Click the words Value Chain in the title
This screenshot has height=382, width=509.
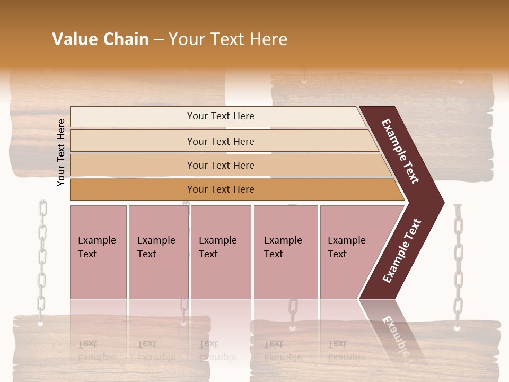pyautogui.click(x=100, y=39)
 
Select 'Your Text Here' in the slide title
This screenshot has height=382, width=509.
pyautogui.click(x=228, y=39)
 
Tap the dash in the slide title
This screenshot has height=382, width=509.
pyautogui.click(x=159, y=40)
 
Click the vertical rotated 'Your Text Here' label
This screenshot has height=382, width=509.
pyautogui.click(x=61, y=152)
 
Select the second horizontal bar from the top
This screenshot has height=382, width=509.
pyautogui.click(x=220, y=141)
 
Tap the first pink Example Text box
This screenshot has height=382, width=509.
pyautogui.click(x=98, y=252)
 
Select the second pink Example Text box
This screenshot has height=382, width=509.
pyautogui.click(x=158, y=252)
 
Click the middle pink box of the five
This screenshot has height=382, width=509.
pyautogui.click(x=221, y=252)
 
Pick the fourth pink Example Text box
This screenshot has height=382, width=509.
pyautogui.click(x=286, y=252)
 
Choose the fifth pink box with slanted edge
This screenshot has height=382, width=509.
pyautogui.click(x=350, y=252)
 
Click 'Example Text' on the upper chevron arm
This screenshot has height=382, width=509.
pyautogui.click(x=400, y=151)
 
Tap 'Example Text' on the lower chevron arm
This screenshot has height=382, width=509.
pyautogui.click(x=402, y=251)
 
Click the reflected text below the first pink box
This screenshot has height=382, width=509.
pyautogui.click(x=91, y=350)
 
